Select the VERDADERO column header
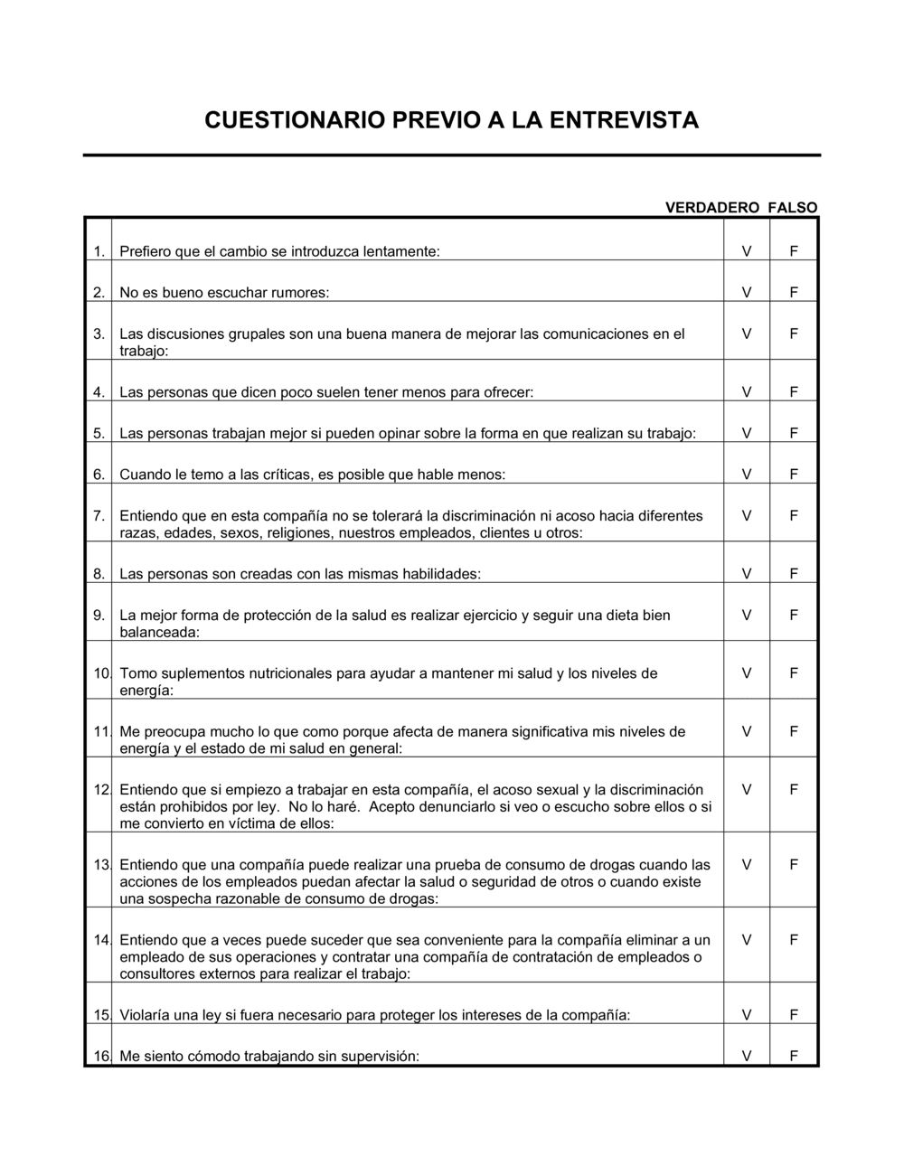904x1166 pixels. pos(712,208)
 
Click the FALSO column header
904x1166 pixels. pos(793,208)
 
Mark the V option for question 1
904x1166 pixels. pos(747,251)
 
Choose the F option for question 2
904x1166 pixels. pos(794,293)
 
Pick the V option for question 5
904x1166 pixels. pos(747,434)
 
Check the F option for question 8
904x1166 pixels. pos(794,574)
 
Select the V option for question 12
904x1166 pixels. pos(747,790)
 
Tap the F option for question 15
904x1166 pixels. pos(794,1015)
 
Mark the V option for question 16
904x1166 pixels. pos(747,1056)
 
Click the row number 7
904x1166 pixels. pos(99,516)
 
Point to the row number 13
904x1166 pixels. pos(100,865)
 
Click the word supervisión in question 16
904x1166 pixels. pos(383,1056)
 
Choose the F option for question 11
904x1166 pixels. pos(794,732)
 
